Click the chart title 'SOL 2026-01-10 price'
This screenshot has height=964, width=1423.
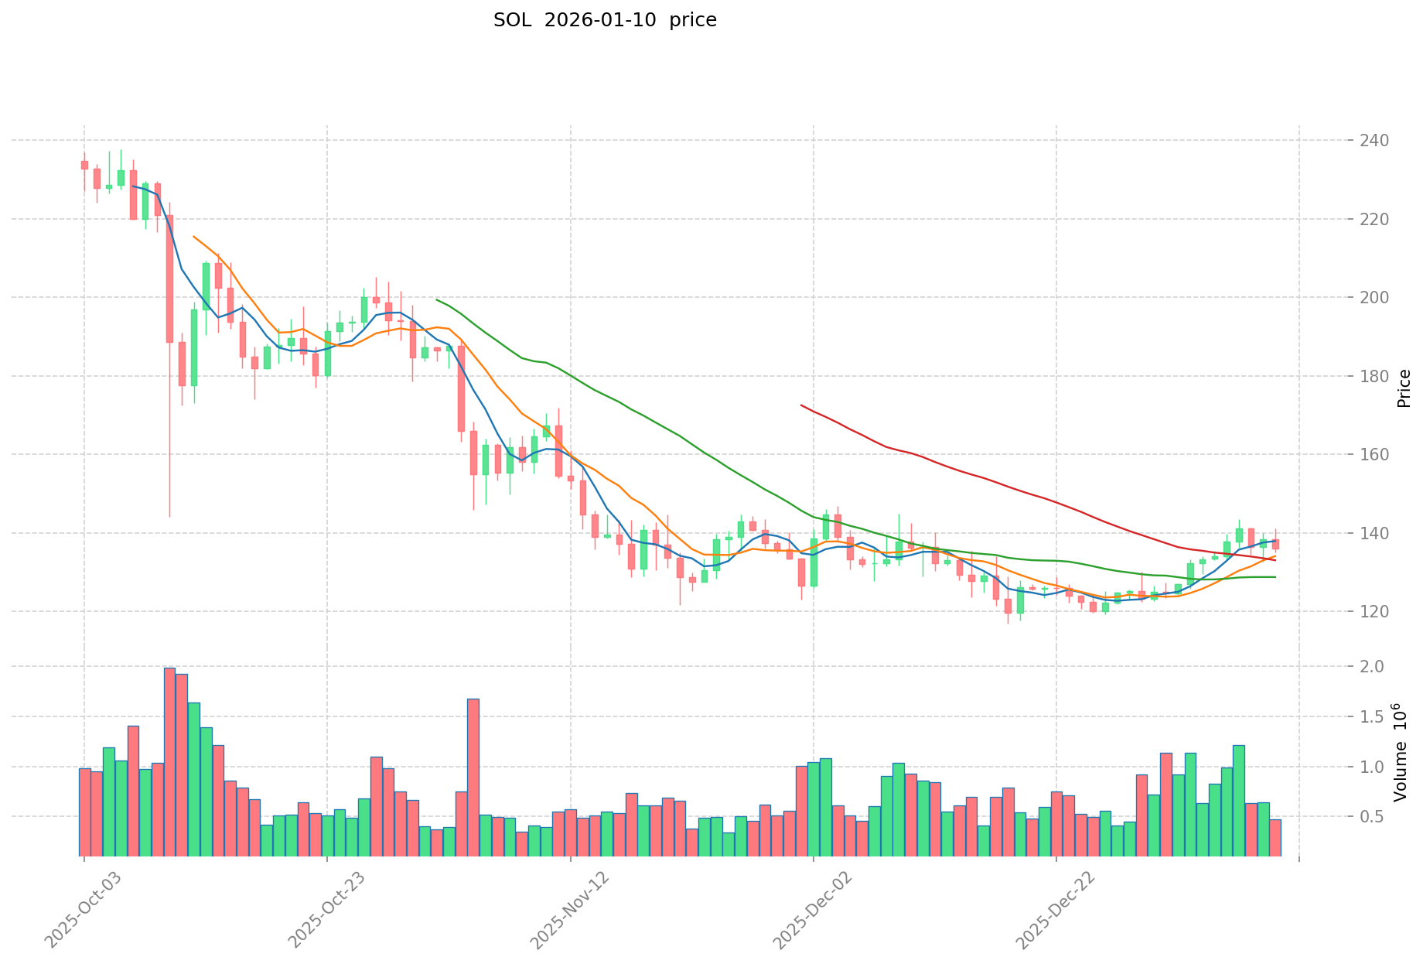(x=605, y=20)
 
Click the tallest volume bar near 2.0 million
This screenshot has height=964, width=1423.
(x=169, y=761)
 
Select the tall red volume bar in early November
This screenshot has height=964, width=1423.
(x=473, y=777)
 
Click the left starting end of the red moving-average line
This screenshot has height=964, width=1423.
(x=801, y=405)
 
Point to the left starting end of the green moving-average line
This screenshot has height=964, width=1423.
(x=437, y=299)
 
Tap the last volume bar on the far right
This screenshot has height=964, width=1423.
(x=1275, y=838)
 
